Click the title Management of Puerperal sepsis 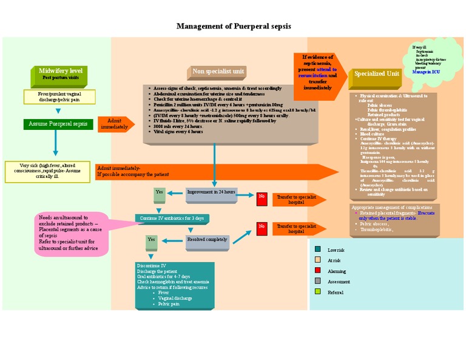(233, 26)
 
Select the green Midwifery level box (60, 74)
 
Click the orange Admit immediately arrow (115, 124)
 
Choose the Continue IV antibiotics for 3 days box (172, 218)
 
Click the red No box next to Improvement (262, 197)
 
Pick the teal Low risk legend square (317, 250)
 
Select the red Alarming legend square (317, 271)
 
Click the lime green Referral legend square (317, 292)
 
